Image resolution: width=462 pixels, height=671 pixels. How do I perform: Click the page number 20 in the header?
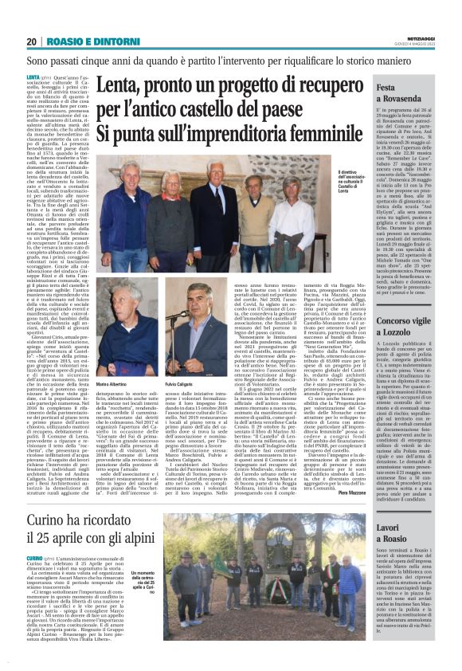point(32,41)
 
